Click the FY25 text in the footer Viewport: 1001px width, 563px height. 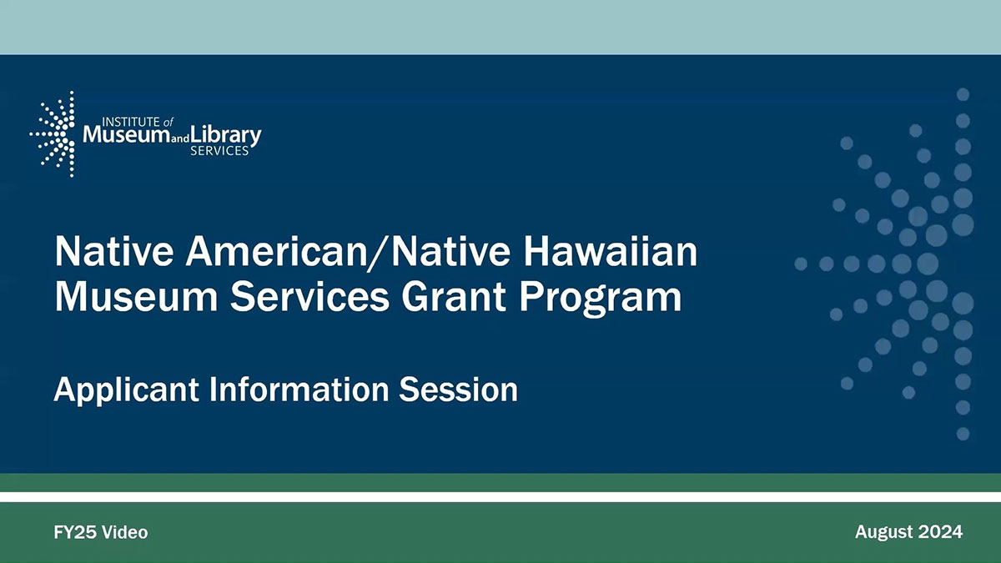pyautogui.click(x=74, y=532)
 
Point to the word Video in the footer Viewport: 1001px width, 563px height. pyautogui.click(x=124, y=532)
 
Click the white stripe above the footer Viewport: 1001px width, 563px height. pyautogui.click(x=500, y=497)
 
